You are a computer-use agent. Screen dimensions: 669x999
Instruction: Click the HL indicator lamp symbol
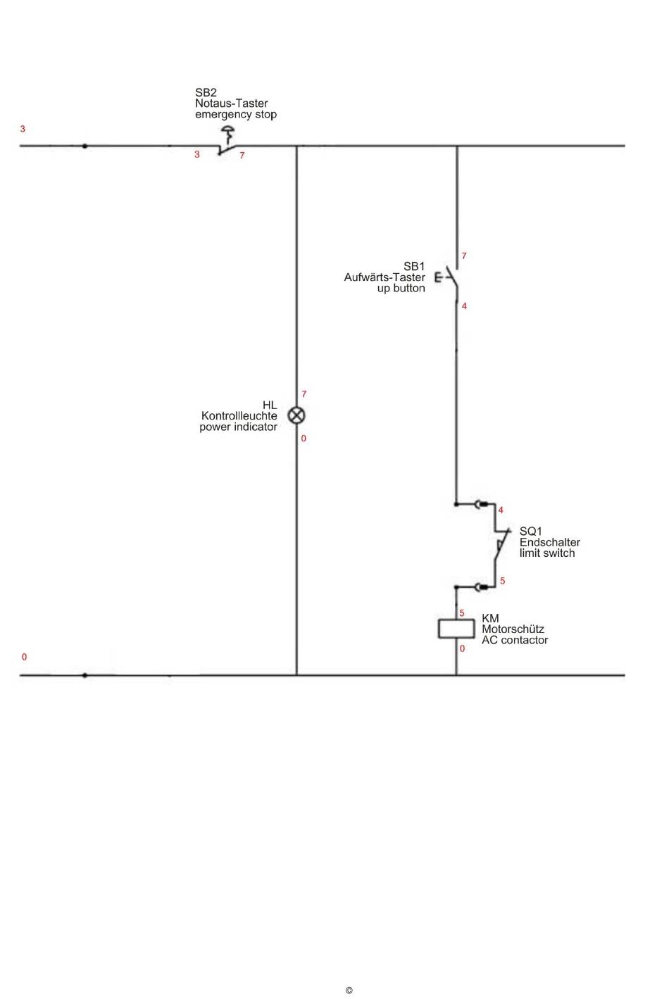pos(297,415)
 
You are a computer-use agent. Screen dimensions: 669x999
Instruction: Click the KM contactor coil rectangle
pos(456,628)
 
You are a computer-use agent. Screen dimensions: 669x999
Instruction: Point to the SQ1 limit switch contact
pos(501,546)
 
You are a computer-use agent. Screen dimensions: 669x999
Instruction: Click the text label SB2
pos(206,92)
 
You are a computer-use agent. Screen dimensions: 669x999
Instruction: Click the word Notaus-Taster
pos(231,103)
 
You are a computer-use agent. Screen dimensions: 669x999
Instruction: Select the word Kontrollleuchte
pos(239,416)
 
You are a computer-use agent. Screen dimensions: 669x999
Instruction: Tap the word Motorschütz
pos(513,629)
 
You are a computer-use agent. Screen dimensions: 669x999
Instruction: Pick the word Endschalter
pos(549,542)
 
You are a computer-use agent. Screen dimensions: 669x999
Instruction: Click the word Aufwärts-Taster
pos(384,277)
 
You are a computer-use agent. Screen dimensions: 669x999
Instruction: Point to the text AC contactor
pos(514,640)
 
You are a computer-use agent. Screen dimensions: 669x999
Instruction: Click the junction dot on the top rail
pos(85,146)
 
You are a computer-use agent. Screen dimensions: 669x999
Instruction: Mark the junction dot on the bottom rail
pos(85,675)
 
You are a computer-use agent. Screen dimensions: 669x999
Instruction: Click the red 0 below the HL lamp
pos(304,439)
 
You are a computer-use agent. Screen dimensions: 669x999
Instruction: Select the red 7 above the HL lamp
pos(304,394)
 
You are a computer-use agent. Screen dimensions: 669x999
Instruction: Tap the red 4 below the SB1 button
pos(464,306)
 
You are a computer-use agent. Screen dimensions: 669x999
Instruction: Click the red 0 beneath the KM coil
pos(462,649)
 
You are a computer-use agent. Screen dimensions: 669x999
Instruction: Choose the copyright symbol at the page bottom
pos(349,991)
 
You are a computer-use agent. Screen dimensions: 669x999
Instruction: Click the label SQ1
pos(531,532)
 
